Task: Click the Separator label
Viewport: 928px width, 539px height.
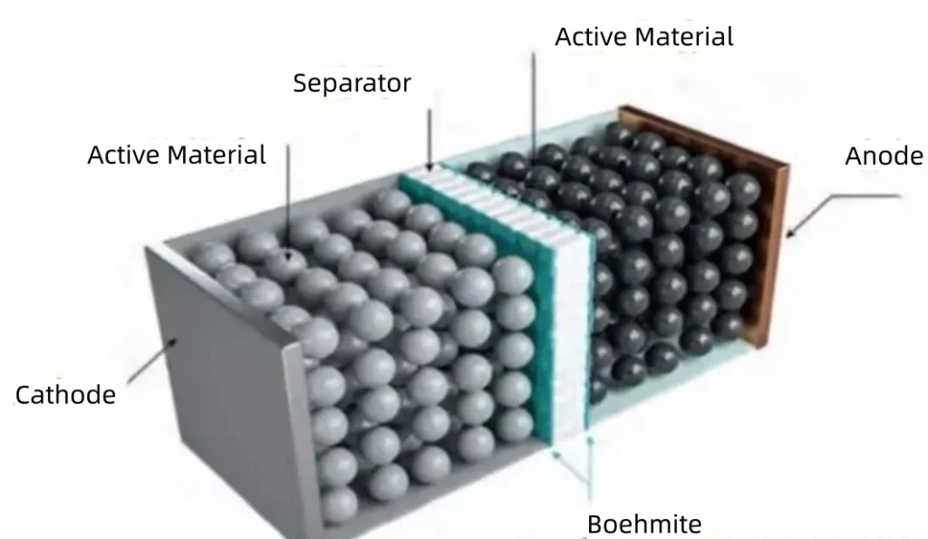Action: click(x=352, y=84)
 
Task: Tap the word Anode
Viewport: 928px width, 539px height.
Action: click(x=884, y=157)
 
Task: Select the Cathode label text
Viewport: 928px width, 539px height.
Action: click(x=65, y=395)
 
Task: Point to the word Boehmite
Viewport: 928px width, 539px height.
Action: click(x=643, y=525)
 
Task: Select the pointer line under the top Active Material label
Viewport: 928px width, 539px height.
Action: click(x=534, y=100)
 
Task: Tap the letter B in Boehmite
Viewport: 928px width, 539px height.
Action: click(x=594, y=525)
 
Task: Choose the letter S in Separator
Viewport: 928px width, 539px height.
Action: click(x=300, y=84)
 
